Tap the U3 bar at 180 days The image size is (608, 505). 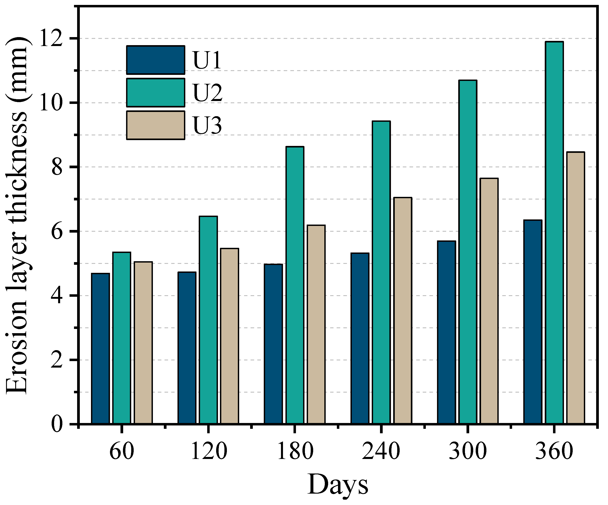click(316, 324)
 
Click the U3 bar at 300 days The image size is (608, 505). click(489, 301)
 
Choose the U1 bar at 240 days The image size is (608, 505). click(360, 339)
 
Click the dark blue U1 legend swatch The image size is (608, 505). click(156, 60)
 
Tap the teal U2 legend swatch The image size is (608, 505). click(156, 92)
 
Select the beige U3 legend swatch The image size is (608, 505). click(156, 125)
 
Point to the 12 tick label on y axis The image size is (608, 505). click(51, 38)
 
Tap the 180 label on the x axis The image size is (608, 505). click(295, 451)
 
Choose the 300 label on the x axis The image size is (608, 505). click(468, 451)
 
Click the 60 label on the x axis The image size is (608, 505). click(122, 451)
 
